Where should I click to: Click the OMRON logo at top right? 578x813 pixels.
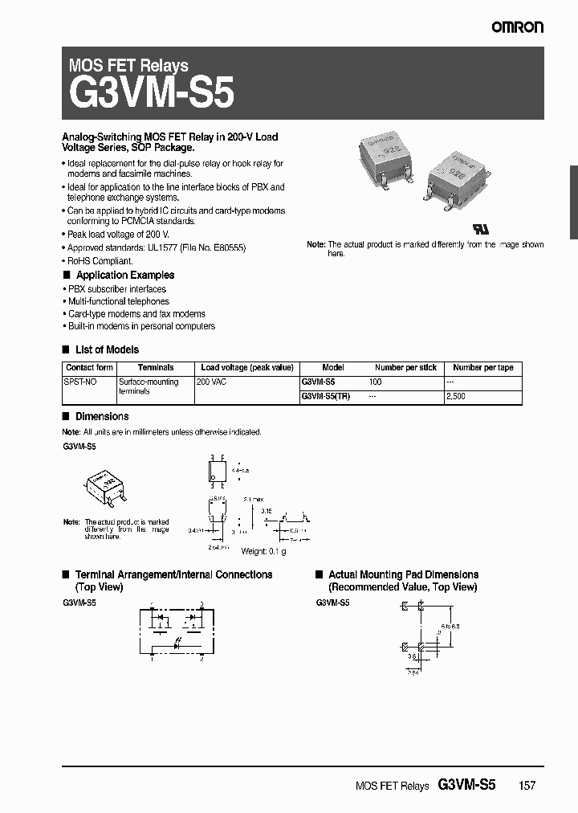(518, 27)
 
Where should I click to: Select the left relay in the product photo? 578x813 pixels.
(385, 157)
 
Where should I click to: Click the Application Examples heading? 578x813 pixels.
(124, 275)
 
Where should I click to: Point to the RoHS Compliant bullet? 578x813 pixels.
(100, 261)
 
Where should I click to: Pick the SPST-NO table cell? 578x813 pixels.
(80, 382)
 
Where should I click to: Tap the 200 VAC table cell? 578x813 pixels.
(212, 382)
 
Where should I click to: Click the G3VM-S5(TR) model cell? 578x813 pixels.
(325, 397)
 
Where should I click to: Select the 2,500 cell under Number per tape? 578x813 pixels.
(455, 397)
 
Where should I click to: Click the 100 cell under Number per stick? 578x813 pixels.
(375, 382)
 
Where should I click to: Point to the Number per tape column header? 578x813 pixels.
(482, 367)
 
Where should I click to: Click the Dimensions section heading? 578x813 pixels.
(101, 416)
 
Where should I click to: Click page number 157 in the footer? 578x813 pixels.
(526, 786)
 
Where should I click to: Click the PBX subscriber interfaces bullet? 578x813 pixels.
(116, 288)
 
